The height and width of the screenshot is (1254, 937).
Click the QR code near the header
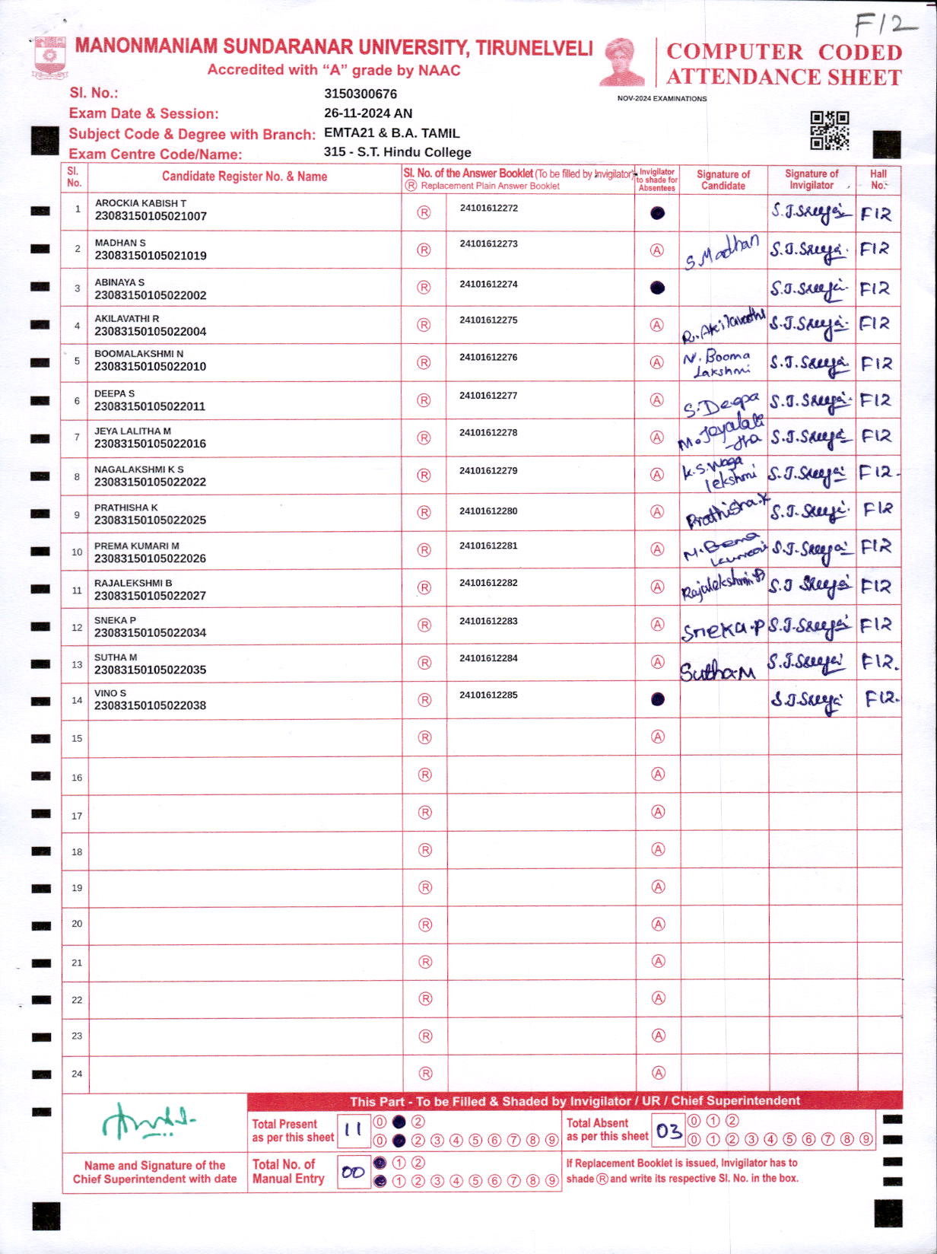tap(829, 130)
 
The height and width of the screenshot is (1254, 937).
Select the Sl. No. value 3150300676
tap(361, 94)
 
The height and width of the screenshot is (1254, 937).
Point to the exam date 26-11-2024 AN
tap(368, 113)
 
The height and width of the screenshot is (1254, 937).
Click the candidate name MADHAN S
tap(120, 243)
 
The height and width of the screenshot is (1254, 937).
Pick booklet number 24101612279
tap(488, 471)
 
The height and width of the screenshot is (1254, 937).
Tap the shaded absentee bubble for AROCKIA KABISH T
tap(658, 213)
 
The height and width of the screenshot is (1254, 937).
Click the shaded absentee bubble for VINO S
tap(658, 699)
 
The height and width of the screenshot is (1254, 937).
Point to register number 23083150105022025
tap(150, 520)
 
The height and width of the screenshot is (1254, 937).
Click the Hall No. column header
tap(878, 180)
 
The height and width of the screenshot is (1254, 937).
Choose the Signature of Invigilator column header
tap(812, 180)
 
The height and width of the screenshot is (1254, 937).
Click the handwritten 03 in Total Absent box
tap(669, 1131)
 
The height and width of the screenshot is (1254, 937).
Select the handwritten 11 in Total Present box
tap(353, 1131)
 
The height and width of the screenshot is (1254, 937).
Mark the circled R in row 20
tap(426, 925)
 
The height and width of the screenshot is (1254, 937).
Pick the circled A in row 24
tap(659, 1073)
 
